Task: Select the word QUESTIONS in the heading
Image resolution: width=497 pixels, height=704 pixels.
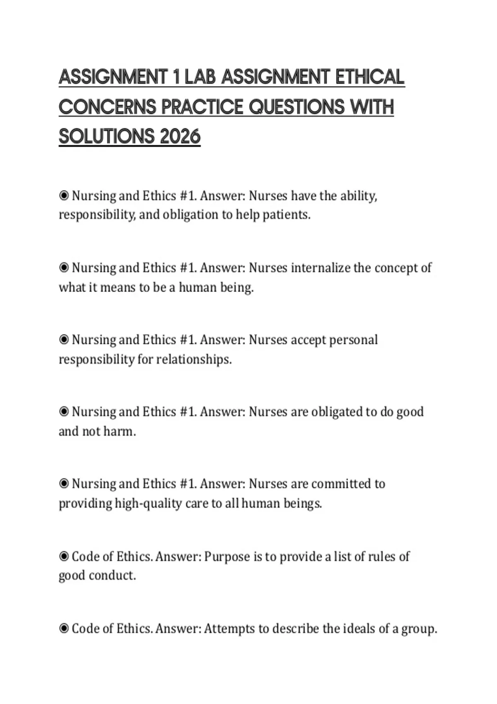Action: pos(296,107)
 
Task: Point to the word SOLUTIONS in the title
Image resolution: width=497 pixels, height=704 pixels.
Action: pos(106,136)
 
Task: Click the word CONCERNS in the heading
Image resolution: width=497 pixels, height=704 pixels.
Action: pos(107,107)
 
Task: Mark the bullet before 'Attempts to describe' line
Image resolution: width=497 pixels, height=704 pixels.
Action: pos(64,629)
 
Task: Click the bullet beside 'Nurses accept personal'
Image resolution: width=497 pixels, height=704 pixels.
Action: pos(64,340)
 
